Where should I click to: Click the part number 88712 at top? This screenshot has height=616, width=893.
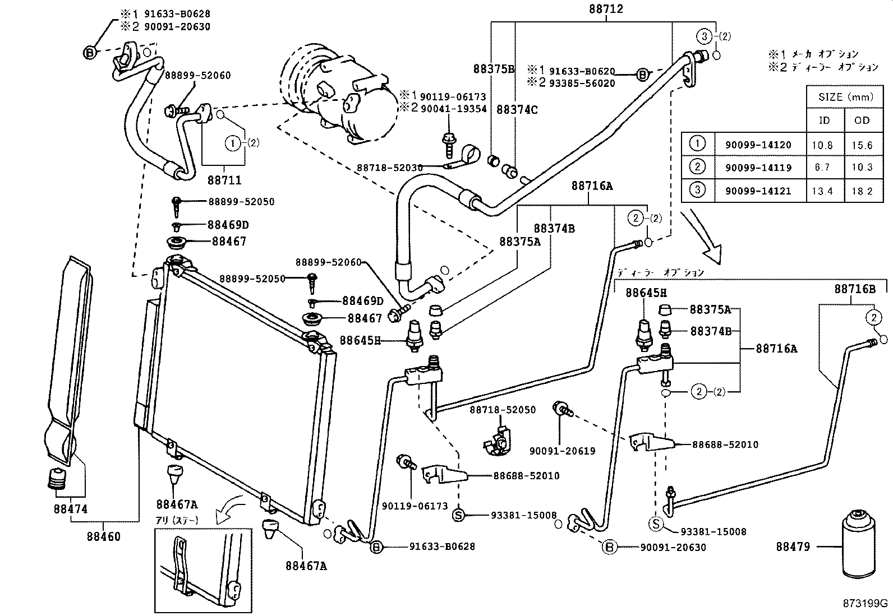point(606,10)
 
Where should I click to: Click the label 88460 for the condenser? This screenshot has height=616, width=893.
point(103,536)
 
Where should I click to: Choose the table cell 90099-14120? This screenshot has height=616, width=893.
point(758,145)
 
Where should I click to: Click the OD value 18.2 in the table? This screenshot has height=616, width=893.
point(862,191)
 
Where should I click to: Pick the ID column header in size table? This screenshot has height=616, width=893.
point(824,121)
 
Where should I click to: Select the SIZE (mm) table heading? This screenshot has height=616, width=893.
point(846,97)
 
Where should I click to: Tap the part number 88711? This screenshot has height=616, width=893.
point(224,180)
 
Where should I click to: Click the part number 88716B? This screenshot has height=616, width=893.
point(854,289)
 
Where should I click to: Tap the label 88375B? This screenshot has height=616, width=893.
point(494,69)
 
